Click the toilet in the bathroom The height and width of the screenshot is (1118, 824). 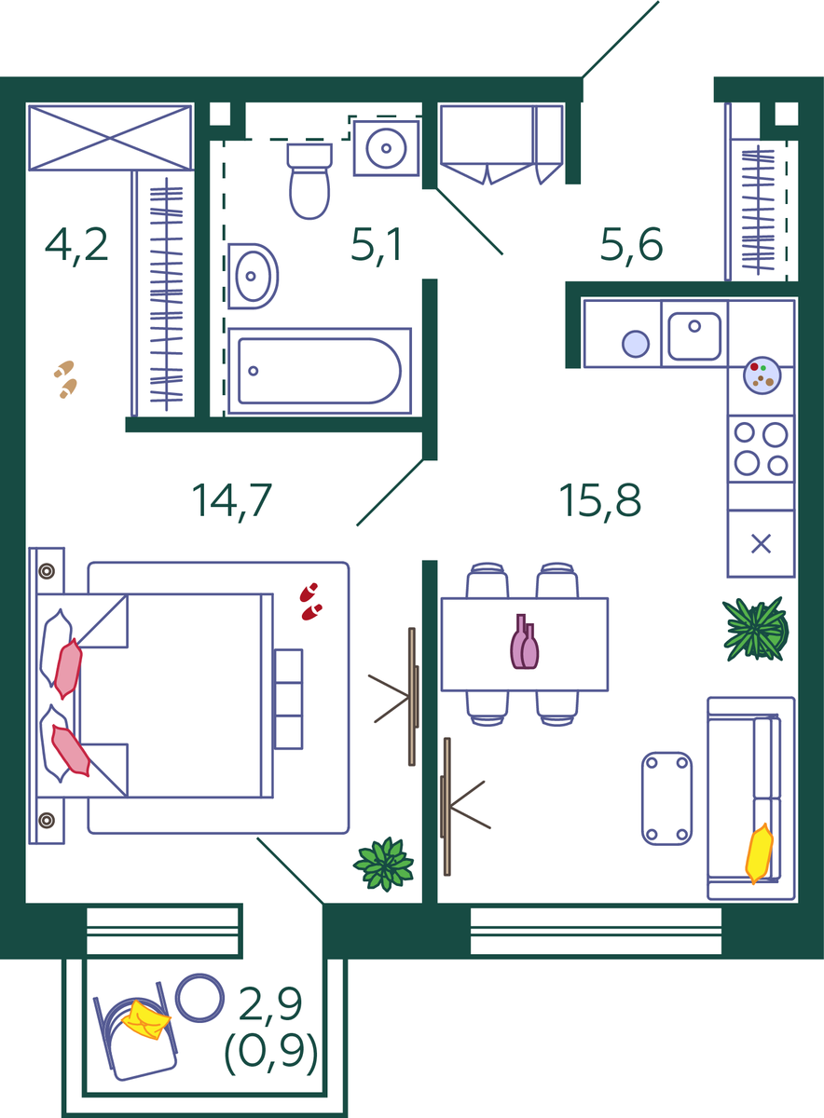tap(309, 181)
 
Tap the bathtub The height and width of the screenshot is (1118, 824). tap(320, 371)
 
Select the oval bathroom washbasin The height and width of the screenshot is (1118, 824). tap(253, 276)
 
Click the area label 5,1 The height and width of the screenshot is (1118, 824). tap(376, 244)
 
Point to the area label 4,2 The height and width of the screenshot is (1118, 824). tap(76, 244)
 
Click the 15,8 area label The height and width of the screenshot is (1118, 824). tap(599, 500)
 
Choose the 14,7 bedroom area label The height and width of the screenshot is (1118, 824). tap(232, 500)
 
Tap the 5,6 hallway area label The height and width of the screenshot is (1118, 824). tap(631, 244)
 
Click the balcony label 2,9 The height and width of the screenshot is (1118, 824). tap(270, 1003)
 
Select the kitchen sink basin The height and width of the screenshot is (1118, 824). tap(694, 336)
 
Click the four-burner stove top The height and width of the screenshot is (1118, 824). tap(761, 449)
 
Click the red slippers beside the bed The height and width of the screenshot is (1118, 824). tap(310, 602)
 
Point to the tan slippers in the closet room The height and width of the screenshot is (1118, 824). tap(65, 379)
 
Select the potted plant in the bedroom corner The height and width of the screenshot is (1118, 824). tap(383, 864)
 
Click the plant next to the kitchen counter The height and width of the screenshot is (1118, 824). tap(756, 629)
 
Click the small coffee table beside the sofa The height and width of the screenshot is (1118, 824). tap(666, 798)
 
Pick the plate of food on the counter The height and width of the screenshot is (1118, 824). tap(762, 375)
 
